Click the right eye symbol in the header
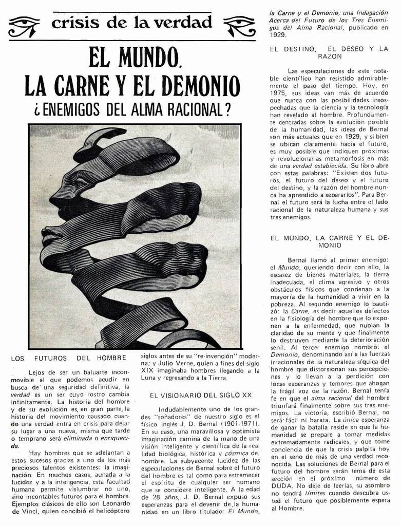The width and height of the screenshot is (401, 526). click(x=240, y=26)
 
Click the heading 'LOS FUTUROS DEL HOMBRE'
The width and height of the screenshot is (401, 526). click(x=68, y=358)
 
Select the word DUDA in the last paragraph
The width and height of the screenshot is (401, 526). click(x=281, y=485)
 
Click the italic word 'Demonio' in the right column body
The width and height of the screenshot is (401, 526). click(x=284, y=354)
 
